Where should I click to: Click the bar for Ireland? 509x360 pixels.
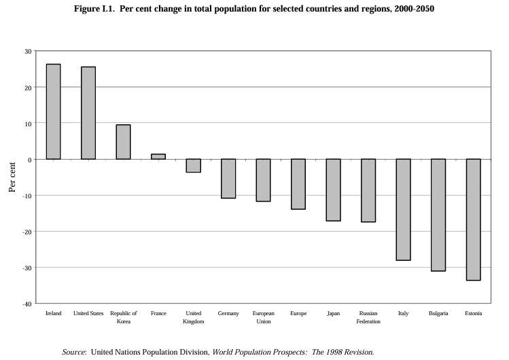tap(53, 111)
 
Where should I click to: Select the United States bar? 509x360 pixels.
tap(88, 113)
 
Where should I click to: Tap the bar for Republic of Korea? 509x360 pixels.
tap(123, 142)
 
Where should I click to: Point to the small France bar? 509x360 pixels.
tap(158, 156)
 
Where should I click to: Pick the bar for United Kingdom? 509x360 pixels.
tap(194, 166)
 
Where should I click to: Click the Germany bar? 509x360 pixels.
tap(228, 179)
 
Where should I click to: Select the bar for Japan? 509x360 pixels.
tap(333, 190)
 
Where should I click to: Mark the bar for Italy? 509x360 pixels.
tap(403, 210)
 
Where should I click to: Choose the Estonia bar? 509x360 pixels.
tap(473, 219)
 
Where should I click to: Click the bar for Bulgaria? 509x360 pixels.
tap(438, 215)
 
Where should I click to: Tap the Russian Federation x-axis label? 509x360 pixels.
tap(368, 317)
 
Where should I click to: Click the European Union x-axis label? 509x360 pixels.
tap(263, 317)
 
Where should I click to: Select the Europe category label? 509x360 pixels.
tap(298, 313)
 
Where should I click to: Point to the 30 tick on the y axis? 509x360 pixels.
tap(28, 52)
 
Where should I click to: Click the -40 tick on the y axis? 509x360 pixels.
tap(27, 304)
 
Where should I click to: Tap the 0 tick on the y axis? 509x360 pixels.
tap(30, 160)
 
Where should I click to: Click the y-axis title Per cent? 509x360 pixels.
tap(12, 177)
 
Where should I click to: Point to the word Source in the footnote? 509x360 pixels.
tap(73, 352)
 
